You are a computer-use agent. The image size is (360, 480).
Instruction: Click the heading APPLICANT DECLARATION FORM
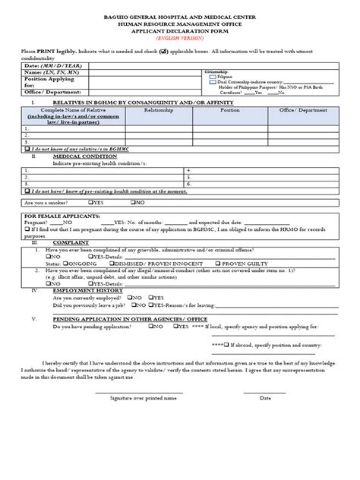(x=179, y=30)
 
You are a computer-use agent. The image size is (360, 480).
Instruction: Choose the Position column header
(x=230, y=109)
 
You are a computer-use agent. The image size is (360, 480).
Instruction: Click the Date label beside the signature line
(x=265, y=396)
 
